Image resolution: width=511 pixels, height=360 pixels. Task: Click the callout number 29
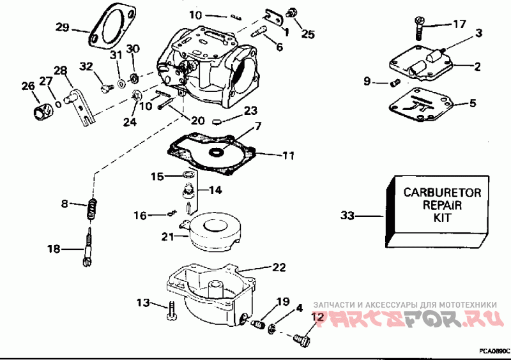62,27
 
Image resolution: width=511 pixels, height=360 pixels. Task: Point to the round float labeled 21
214,234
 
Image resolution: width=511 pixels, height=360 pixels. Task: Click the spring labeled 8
91,209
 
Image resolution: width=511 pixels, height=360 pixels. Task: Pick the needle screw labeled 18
88,248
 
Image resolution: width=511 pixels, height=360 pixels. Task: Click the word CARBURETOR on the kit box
442,193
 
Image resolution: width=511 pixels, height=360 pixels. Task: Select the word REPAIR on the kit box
442,206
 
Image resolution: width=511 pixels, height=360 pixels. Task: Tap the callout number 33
347,216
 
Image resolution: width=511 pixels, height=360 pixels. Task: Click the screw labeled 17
419,27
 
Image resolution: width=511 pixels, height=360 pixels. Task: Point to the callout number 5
473,103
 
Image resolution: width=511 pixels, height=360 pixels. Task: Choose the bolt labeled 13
172,311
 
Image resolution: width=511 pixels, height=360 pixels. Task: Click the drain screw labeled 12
301,340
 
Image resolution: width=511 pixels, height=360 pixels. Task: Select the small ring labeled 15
188,175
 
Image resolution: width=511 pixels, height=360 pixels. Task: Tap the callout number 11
289,155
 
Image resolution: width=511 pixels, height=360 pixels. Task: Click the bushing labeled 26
43,111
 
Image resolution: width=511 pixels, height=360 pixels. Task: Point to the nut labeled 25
291,12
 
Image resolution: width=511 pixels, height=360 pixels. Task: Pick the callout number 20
197,121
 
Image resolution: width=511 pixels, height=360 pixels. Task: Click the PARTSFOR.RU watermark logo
408,318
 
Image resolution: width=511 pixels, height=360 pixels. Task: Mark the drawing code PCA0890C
494,351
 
